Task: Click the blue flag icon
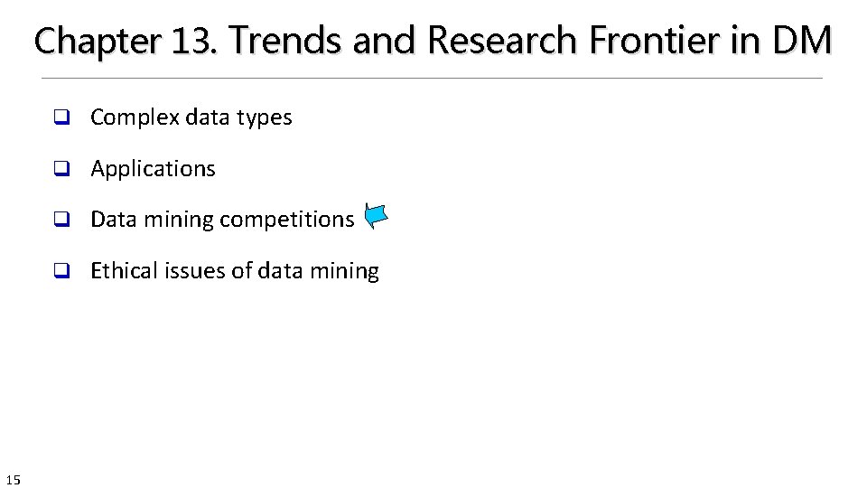point(376,216)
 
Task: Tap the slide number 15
point(13,479)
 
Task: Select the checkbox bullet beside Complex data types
point(61,117)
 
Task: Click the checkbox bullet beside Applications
point(61,169)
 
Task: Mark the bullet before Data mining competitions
point(61,220)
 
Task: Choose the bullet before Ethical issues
point(61,271)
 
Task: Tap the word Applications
point(154,169)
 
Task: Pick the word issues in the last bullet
point(198,271)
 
